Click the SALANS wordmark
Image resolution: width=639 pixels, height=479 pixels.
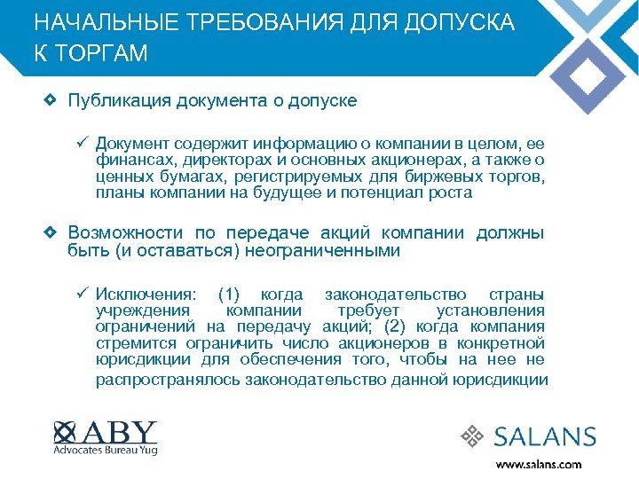(x=545, y=436)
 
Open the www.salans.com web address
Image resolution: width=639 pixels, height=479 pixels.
(x=539, y=464)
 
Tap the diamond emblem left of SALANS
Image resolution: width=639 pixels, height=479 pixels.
(x=475, y=436)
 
